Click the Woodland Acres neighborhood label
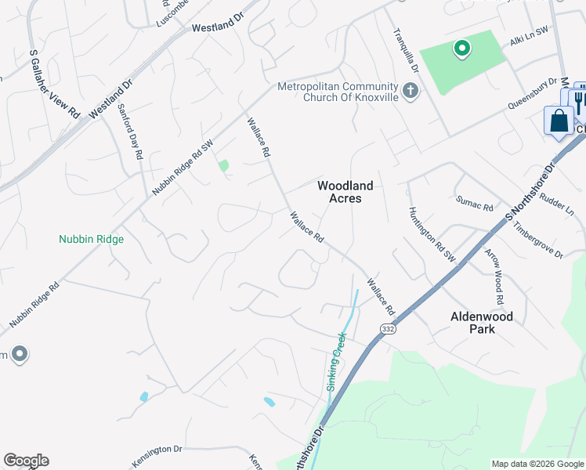click(345, 192)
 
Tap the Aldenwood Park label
click(481, 323)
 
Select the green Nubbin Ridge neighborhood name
click(92, 239)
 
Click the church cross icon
click(410, 92)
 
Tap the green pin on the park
click(462, 49)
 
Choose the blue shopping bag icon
click(559, 121)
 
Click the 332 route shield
click(389, 329)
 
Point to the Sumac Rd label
click(475, 204)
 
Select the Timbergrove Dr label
click(538, 240)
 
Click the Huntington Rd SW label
click(431, 234)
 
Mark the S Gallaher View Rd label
click(55, 85)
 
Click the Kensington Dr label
click(156, 450)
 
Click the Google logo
click(26, 461)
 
